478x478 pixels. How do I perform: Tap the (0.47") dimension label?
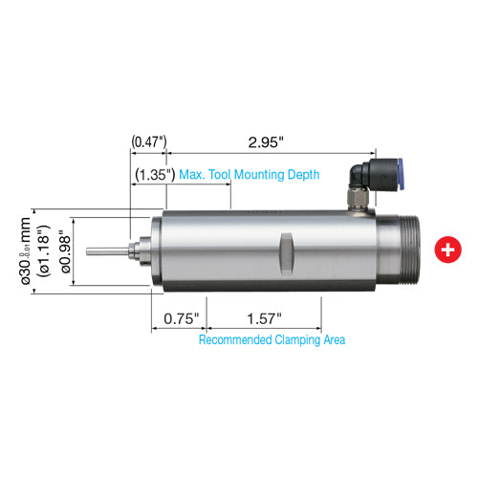pos(149,141)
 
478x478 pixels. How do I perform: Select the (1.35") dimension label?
pos(153,175)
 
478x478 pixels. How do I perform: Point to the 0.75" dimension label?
pos(179,316)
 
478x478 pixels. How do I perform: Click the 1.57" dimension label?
pos(264,316)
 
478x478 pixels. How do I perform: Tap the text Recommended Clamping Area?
pos(272,339)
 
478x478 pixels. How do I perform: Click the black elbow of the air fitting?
pos(361,175)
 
